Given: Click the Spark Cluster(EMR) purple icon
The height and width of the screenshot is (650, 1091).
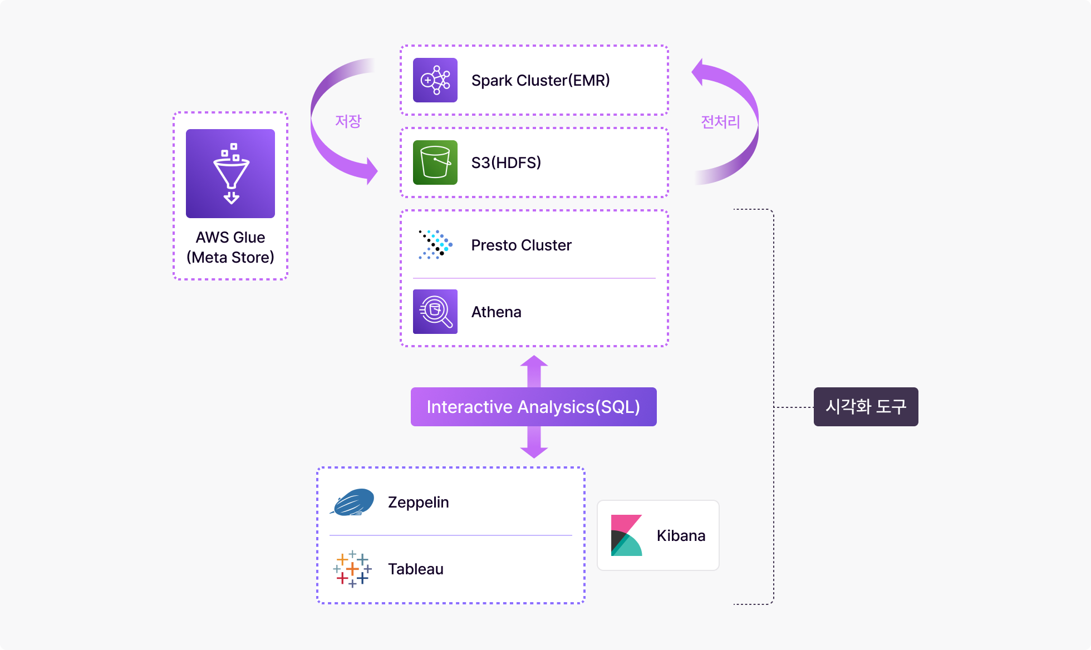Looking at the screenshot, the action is coord(435,80).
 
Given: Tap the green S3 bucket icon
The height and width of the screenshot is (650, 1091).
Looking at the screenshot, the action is coord(435,162).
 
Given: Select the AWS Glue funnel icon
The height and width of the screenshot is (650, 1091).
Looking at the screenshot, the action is coord(230,174).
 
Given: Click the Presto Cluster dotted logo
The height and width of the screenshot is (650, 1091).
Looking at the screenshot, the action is coord(435,245).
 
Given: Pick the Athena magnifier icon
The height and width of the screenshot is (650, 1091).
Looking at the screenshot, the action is coord(435,312).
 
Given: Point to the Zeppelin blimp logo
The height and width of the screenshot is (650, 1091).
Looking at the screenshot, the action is coord(352,502).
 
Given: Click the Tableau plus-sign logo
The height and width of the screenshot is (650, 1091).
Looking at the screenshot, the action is coord(352,569).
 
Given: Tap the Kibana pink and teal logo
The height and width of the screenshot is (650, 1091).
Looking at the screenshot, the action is coord(627,535).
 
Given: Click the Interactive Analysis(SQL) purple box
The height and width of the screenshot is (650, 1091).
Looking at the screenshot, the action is coord(534,407).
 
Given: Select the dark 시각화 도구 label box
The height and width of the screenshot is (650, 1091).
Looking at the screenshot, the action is coord(866,407).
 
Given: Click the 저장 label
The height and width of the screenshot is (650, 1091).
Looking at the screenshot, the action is coord(348,121).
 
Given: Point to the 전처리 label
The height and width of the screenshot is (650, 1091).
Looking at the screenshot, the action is coord(720,122).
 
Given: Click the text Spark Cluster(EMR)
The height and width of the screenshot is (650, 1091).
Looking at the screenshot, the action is coord(540,81).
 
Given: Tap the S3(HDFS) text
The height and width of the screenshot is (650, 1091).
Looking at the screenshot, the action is coord(506,162).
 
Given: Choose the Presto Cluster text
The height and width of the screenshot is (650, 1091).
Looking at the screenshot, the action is coord(522,245).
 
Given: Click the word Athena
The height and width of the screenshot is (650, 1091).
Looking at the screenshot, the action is coord(497,312).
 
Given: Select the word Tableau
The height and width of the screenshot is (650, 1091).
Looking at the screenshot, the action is coord(416,569).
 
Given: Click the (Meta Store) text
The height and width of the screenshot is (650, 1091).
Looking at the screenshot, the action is coord(230,258).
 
